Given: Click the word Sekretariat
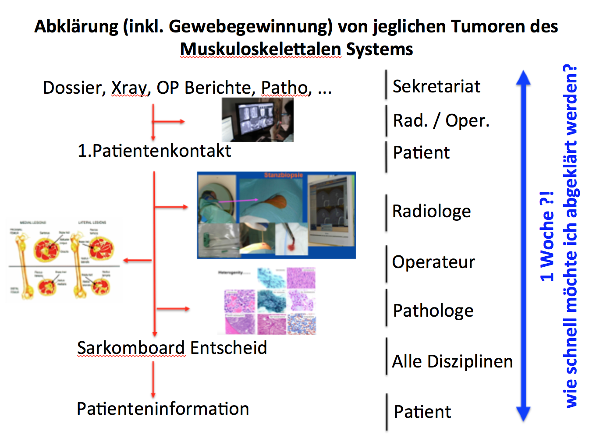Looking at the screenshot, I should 436,86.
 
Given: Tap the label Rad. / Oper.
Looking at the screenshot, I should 441,120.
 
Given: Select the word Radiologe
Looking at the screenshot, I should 431,211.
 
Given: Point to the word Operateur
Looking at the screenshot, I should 433,262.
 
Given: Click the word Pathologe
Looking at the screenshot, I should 433,311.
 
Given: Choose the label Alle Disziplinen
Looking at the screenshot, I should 452,361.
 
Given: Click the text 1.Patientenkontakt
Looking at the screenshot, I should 154,151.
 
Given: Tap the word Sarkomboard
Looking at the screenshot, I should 131,348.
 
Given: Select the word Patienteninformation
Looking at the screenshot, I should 163,409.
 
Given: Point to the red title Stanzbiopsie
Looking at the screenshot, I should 283,175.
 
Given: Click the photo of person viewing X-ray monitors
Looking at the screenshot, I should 257,120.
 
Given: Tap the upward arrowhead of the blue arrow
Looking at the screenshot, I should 523,78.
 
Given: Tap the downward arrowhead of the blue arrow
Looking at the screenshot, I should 523,414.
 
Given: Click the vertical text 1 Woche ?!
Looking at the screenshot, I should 546,236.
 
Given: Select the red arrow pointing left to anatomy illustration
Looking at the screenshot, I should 137,261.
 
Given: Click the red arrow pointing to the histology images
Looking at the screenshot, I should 173,309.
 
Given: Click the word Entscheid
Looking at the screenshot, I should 228,348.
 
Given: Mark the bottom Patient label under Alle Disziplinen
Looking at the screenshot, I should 422,412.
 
